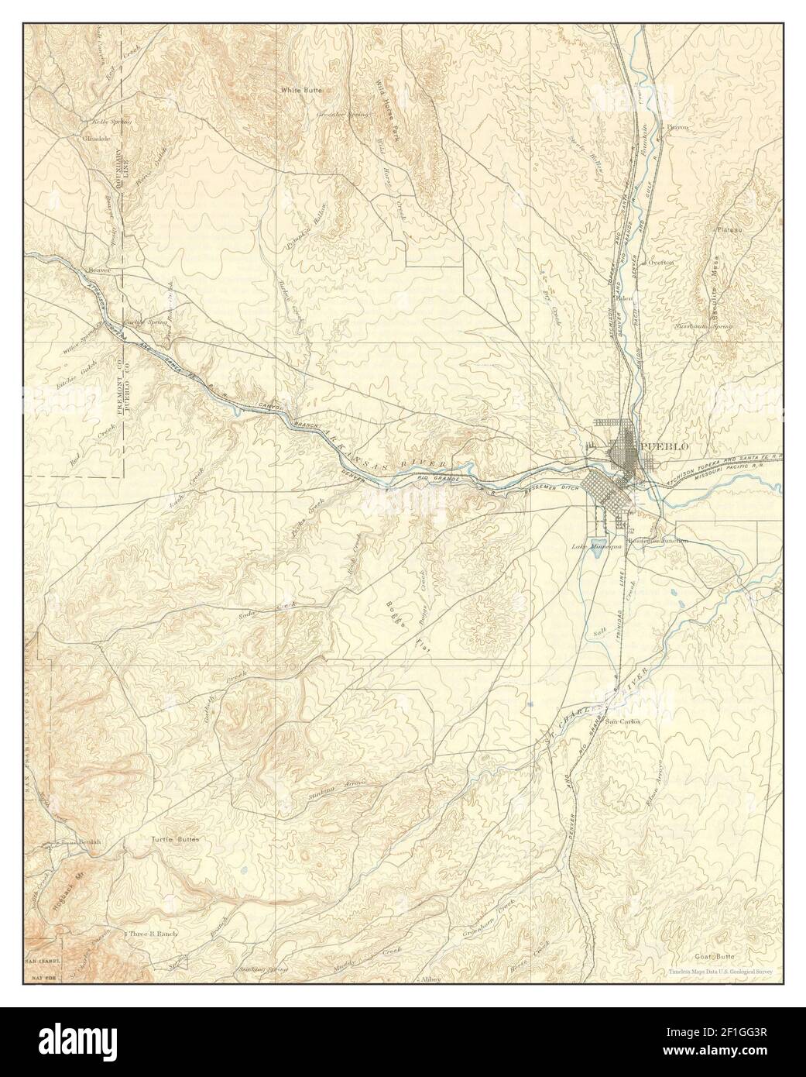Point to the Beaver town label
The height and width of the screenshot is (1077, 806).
click(x=100, y=270)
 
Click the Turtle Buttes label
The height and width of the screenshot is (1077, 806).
click(x=175, y=839)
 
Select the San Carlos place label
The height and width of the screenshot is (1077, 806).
click(x=623, y=722)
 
